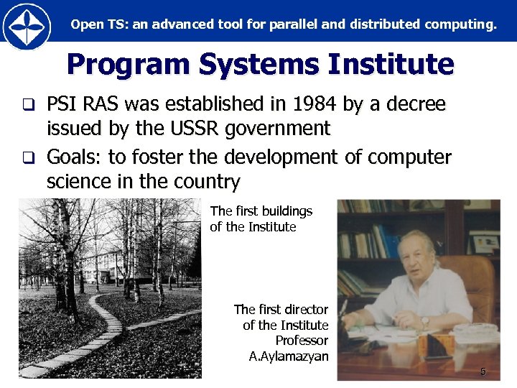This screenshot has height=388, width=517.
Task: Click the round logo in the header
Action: (27, 25)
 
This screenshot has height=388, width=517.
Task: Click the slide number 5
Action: (483, 371)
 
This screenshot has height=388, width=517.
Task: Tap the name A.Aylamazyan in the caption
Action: (289, 356)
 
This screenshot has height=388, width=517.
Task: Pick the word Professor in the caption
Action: (302, 340)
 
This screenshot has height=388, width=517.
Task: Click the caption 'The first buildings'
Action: (261, 211)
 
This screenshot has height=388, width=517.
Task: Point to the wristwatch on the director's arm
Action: (424, 321)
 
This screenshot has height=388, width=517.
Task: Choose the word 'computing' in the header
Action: (465, 24)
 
